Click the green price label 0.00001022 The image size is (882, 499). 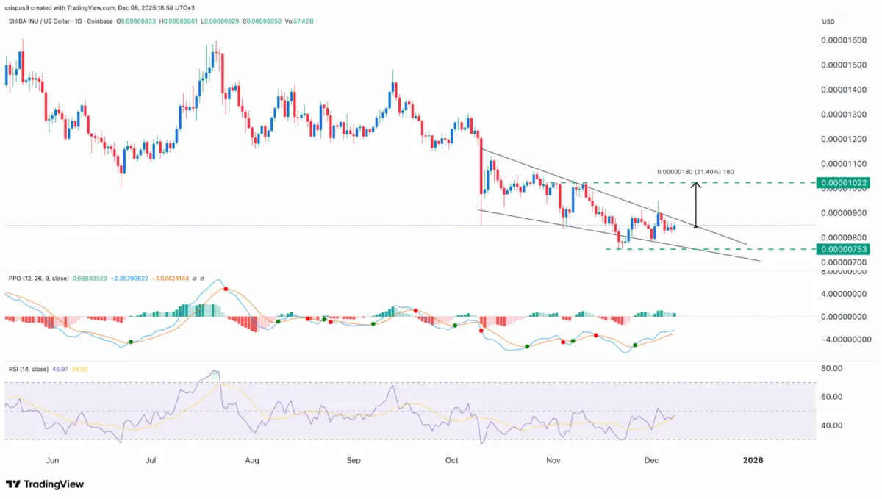(846, 182)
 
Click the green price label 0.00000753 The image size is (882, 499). (846, 249)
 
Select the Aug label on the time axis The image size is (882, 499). (252, 460)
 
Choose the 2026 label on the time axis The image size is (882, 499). (753, 460)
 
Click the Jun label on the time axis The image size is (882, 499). (51, 460)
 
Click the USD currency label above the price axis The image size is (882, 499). (828, 21)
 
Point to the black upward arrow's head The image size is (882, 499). (695, 184)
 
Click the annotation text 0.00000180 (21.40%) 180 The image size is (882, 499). (695, 172)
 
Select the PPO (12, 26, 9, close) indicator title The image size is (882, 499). (39, 279)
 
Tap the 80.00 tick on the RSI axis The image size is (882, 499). (831, 369)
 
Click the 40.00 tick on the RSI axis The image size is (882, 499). (831, 426)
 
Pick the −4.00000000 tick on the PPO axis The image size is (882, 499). (845, 340)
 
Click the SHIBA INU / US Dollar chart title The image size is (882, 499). (50, 21)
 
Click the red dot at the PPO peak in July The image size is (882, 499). (226, 290)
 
